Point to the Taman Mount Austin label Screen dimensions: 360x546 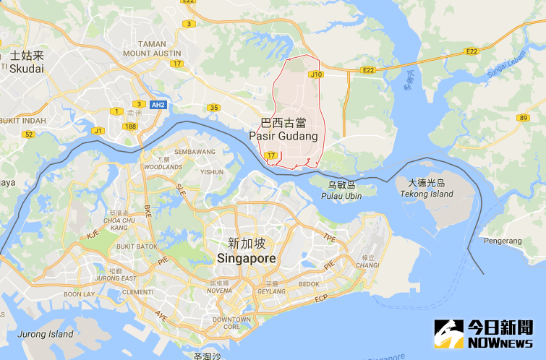(x=152, y=48)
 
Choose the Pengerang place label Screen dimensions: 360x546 (x=504, y=241)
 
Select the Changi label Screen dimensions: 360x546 (x=367, y=265)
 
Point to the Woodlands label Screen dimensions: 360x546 (x=163, y=167)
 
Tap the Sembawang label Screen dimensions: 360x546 (x=195, y=152)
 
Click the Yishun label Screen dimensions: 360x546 (x=212, y=172)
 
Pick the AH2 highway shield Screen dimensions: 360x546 (x=159, y=105)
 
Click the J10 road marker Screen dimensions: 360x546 (x=315, y=74)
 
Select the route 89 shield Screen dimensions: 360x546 (x=523, y=117)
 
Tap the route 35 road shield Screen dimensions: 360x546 (x=213, y=108)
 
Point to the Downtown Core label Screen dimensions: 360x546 (x=231, y=322)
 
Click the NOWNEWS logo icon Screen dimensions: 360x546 (x=449, y=334)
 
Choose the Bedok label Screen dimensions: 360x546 (x=309, y=284)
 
